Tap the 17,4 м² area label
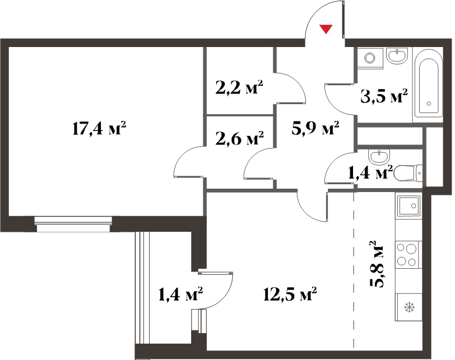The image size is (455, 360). pyautogui.click(x=99, y=128)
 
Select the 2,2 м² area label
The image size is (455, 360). pyautogui.click(x=239, y=87)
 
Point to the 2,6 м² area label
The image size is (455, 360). pyautogui.click(x=240, y=138)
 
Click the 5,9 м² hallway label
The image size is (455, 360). pyautogui.click(x=315, y=128)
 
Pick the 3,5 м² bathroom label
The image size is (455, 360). pyautogui.click(x=384, y=96)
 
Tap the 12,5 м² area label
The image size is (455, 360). pyautogui.click(x=290, y=294)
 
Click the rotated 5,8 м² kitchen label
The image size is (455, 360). pyautogui.click(x=377, y=264)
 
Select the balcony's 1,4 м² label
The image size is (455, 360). pyautogui.click(x=180, y=294)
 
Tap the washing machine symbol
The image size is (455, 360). pyautogui.click(x=370, y=58)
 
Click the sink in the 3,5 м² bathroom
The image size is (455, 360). pyautogui.click(x=397, y=56)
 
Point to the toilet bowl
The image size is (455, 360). pyautogui.click(x=408, y=173)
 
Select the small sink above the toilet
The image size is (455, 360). pyautogui.click(x=378, y=157)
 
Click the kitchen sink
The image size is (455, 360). pyautogui.click(x=409, y=206)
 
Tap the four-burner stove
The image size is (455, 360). pyautogui.click(x=408, y=255)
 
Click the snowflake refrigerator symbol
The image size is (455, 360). pyautogui.click(x=410, y=306)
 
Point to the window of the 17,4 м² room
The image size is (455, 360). pyautogui.click(x=73, y=224)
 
